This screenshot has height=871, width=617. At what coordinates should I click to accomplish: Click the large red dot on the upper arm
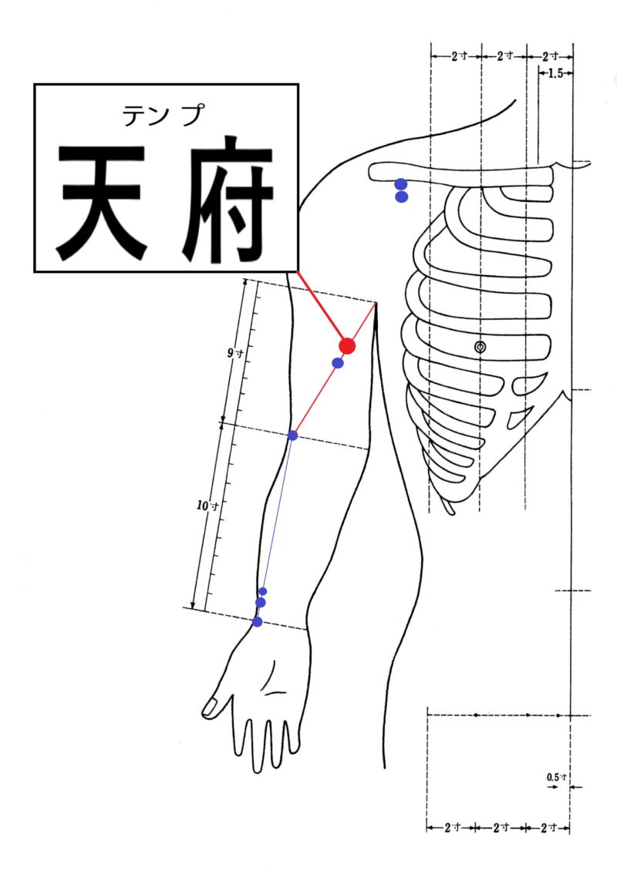tap(347, 346)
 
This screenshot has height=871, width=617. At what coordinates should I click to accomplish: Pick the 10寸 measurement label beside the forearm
tap(207, 506)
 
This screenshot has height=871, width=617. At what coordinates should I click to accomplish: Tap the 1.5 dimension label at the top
tap(555, 73)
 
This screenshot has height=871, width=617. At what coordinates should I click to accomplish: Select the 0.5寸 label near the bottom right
tap(556, 777)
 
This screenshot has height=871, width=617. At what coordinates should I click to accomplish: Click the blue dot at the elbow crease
tap(293, 435)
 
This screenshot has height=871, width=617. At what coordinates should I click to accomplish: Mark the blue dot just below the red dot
tap(337, 363)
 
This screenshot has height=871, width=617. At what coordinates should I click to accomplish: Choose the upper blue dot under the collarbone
tap(401, 184)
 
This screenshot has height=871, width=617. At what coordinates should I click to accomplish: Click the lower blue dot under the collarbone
tap(401, 197)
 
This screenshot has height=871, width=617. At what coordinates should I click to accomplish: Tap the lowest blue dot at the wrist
tap(257, 621)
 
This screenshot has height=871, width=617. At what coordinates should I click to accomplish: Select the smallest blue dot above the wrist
tap(263, 591)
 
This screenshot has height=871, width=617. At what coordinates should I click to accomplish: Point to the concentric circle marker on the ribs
tap(480, 347)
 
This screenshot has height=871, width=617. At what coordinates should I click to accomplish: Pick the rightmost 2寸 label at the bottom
tap(549, 828)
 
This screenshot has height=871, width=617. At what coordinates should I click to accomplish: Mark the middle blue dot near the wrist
tap(260, 603)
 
